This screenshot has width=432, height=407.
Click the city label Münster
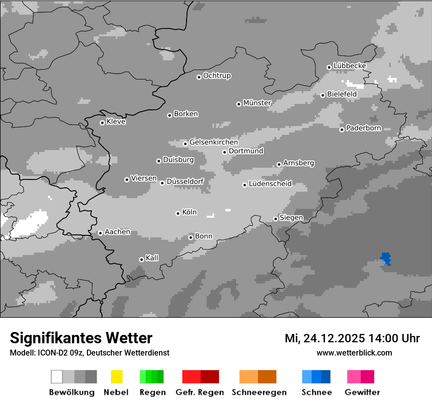click(x=257, y=103)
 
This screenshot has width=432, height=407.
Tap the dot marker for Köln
click(x=178, y=213)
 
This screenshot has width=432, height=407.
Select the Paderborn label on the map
click(x=363, y=128)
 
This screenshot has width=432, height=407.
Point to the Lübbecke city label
click(x=350, y=66)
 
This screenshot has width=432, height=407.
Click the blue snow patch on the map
click(x=386, y=258)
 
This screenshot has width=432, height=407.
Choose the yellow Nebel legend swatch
click(x=116, y=377)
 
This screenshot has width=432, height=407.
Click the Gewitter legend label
click(x=362, y=392)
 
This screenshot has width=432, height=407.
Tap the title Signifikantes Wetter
click(x=81, y=338)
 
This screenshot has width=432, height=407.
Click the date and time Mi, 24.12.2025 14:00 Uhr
click(x=352, y=338)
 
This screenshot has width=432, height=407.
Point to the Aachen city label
click(x=117, y=232)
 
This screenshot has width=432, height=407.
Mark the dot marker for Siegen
click(x=275, y=219)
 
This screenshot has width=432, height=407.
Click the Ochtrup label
click(x=216, y=76)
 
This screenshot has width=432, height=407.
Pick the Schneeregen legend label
click(x=259, y=392)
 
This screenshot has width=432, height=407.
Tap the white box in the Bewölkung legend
click(x=57, y=377)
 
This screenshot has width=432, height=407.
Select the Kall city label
click(x=152, y=258)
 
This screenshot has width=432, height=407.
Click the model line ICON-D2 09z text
click(x=89, y=353)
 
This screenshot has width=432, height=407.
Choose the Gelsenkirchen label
click(x=214, y=142)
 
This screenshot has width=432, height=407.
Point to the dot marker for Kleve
click(x=102, y=123)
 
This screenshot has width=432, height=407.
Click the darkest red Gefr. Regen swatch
click(x=210, y=377)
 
